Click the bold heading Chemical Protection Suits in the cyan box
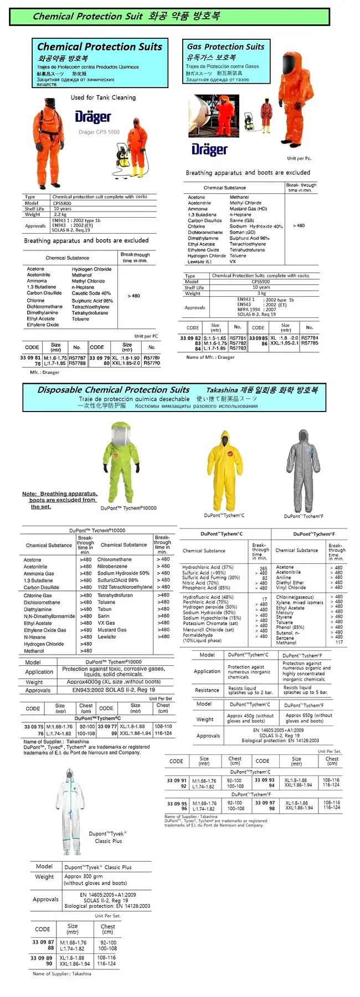[x=100, y=47]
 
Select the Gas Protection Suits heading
[x=225, y=47]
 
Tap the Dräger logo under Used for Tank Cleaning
[x=93, y=117]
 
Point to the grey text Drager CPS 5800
[x=99, y=132]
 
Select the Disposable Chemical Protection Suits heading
[x=114, y=390]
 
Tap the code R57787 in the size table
[x=77, y=358]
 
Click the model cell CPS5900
[x=261, y=282]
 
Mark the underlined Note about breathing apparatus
[x=59, y=500]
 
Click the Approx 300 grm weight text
[x=84, y=877]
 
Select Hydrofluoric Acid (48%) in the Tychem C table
[x=208, y=597]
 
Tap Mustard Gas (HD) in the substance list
[x=248, y=209]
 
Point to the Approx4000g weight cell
[x=114, y=682]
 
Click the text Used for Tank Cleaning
[x=103, y=97]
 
